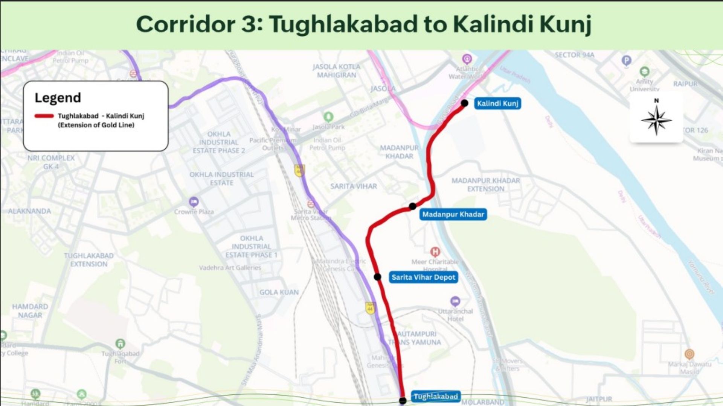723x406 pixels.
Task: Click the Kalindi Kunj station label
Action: pyautogui.click(x=497, y=103)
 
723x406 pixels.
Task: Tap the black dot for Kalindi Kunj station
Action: pyautogui.click(x=465, y=103)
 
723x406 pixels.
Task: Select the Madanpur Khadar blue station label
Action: pyautogui.click(x=453, y=214)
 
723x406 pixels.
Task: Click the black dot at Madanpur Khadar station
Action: pyautogui.click(x=413, y=206)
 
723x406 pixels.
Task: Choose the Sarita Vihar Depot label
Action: pyautogui.click(x=423, y=277)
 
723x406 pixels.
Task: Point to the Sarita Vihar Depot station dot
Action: pyautogui.click(x=377, y=277)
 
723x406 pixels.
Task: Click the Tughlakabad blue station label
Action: pyautogui.click(x=436, y=397)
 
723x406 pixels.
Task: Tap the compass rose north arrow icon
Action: pyautogui.click(x=656, y=120)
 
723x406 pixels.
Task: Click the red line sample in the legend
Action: pyautogui.click(x=44, y=116)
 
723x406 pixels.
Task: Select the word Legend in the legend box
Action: pyautogui.click(x=58, y=98)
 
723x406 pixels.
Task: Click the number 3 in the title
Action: pyautogui.click(x=249, y=24)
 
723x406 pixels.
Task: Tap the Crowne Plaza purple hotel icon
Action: pyautogui.click(x=194, y=202)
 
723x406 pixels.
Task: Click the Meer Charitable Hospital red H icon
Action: pyautogui.click(x=435, y=251)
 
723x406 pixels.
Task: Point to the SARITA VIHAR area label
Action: pyautogui.click(x=353, y=186)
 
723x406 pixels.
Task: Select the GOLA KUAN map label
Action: pyautogui.click(x=279, y=292)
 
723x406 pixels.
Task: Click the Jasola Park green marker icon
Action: pyautogui.click(x=328, y=117)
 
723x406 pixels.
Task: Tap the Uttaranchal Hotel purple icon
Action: pyautogui.click(x=455, y=301)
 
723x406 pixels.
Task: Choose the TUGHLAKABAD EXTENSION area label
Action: pyautogui.click(x=88, y=260)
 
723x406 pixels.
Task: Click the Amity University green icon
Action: pyautogui.click(x=644, y=71)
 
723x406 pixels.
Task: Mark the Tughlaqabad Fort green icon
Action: pyautogui.click(x=120, y=344)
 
